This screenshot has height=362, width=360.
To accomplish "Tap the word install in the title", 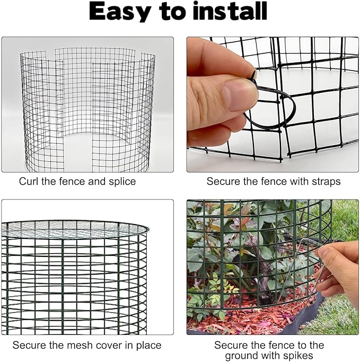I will [x=229, y=12].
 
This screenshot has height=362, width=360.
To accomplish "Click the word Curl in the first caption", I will [x=29, y=182].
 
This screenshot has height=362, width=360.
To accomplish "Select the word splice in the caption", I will [x=121, y=182].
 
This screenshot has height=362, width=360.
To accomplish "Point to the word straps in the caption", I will [x=324, y=182].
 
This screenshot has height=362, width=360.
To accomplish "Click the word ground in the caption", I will [x=244, y=356].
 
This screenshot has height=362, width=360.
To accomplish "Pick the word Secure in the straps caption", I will [x=222, y=182].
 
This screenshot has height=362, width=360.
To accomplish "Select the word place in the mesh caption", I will [x=149, y=345].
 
